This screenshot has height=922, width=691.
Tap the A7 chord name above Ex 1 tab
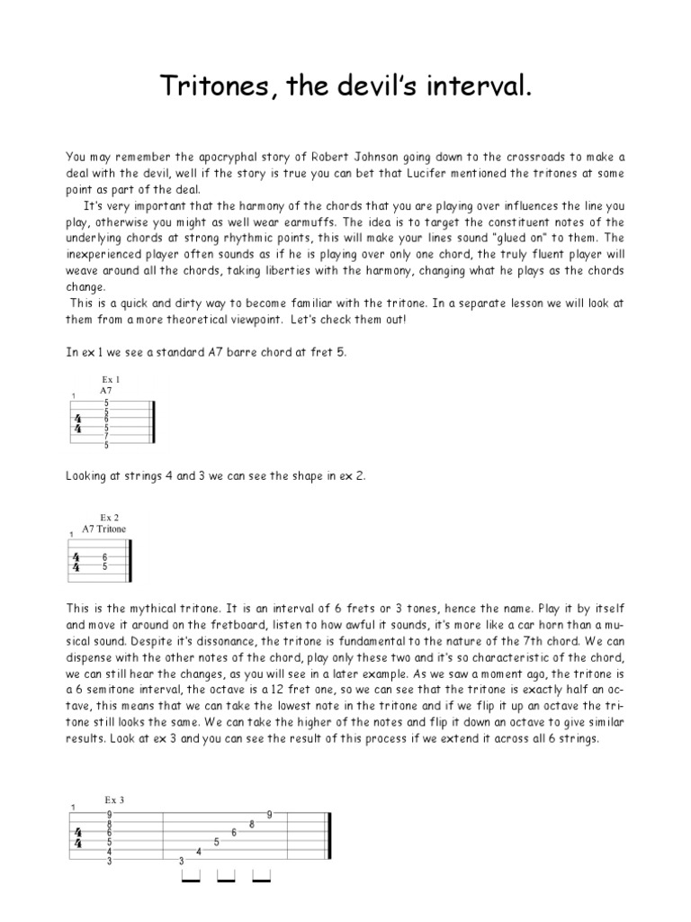[x=106, y=392]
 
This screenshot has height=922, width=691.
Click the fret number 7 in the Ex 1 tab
[x=106, y=436]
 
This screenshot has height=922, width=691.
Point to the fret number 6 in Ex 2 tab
[x=105, y=557]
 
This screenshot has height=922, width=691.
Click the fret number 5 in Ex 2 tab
[x=105, y=567]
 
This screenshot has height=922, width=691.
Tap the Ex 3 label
[x=112, y=800]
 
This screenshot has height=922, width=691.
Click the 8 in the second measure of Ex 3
[x=252, y=824]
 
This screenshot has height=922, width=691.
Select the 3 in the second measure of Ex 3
[x=181, y=862]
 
